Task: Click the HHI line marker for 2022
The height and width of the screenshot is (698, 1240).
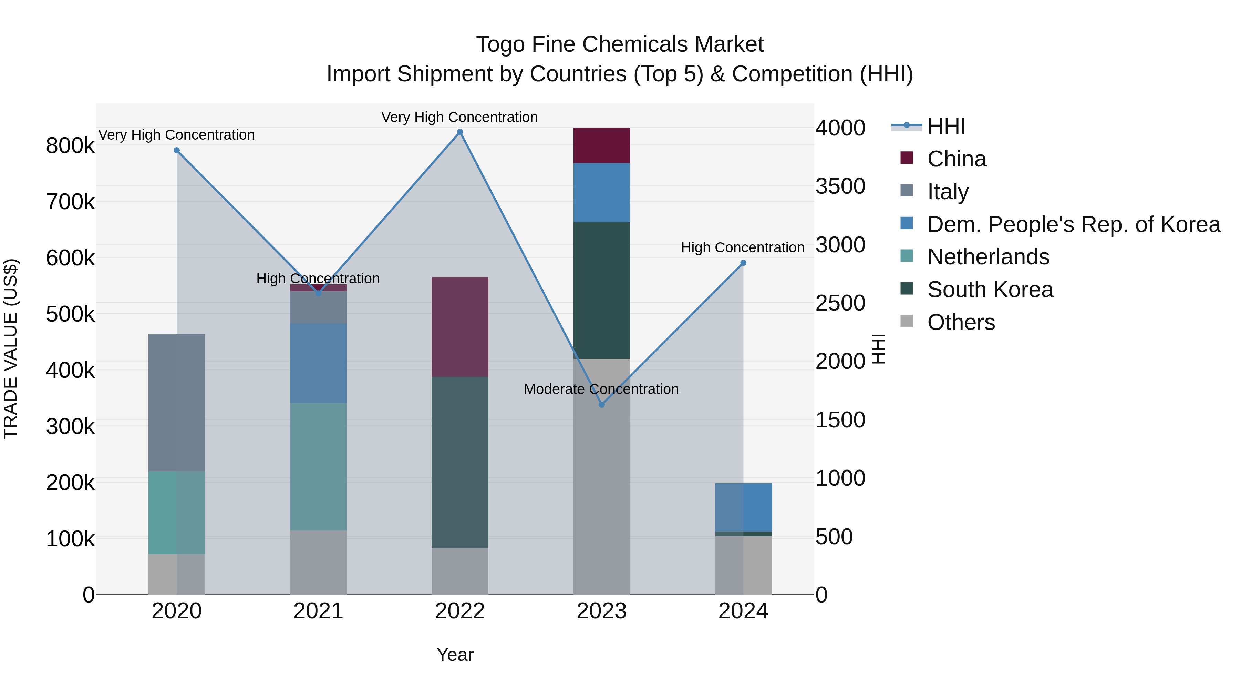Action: click(460, 132)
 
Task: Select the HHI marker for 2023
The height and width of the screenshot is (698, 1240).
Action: click(601, 405)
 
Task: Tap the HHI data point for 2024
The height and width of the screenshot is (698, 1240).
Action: click(743, 263)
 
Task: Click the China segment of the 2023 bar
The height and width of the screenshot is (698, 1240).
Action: click(601, 145)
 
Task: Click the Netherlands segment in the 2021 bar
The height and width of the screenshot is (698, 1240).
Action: click(318, 466)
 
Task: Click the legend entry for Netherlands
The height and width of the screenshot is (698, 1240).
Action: click(988, 257)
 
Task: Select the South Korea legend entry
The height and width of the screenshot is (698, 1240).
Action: click(990, 290)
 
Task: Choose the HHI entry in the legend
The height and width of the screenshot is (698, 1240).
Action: click(945, 126)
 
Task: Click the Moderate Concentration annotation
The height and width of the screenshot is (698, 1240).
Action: click(601, 389)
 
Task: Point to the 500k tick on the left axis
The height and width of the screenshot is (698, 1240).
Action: click(70, 314)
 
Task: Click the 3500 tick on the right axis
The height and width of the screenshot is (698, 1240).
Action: click(840, 186)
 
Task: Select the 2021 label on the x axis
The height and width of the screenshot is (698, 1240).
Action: click(318, 611)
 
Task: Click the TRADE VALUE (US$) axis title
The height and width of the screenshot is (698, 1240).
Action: click(11, 349)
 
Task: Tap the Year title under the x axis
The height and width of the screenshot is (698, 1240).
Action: click(455, 655)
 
